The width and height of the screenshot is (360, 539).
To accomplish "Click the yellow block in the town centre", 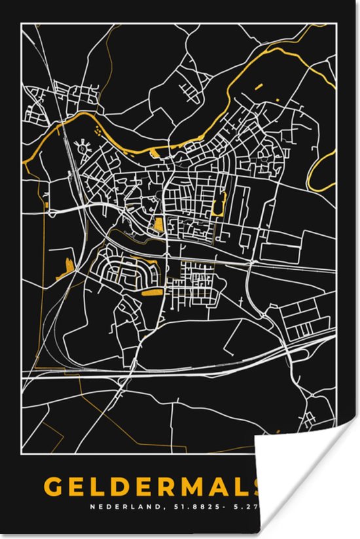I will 158,227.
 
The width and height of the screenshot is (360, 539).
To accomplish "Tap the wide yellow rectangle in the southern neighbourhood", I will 152,291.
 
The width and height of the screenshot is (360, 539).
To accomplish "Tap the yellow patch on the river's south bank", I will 155,153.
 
